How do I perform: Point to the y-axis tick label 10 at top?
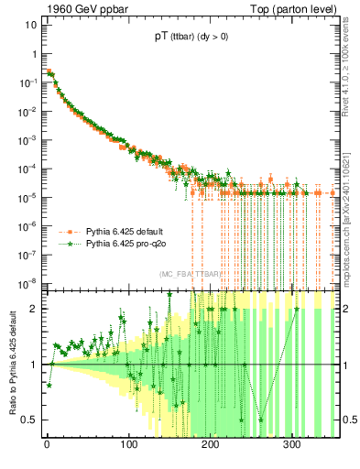pos(29,25)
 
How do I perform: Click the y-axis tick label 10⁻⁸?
pos(27,283)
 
